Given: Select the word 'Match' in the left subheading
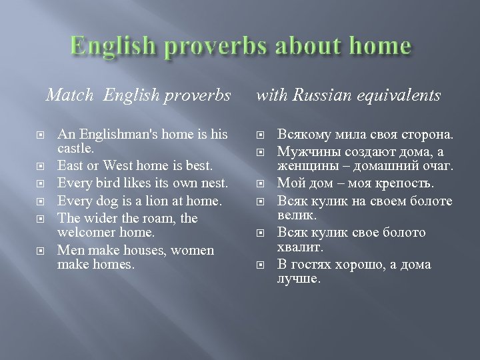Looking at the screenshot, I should coord(69,96).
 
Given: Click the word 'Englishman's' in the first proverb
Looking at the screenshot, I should coord(115,135).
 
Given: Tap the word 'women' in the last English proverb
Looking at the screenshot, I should coord(192,250).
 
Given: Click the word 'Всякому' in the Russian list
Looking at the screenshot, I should coord(301,135).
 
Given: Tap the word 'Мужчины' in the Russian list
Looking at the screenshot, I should coord(303,151).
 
